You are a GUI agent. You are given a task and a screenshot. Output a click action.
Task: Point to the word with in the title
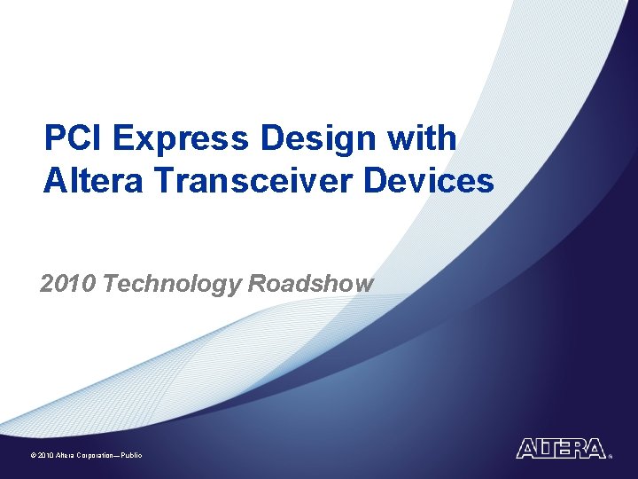click(424, 138)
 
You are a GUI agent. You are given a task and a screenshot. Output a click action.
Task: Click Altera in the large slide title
click(93, 180)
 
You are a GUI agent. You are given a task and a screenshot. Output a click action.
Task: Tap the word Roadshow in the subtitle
click(311, 284)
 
